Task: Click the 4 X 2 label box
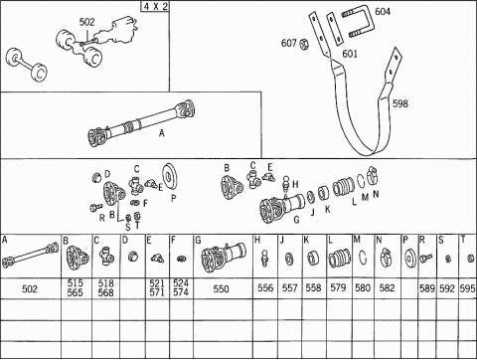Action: click(x=155, y=6)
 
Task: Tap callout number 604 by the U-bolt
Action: click(x=383, y=12)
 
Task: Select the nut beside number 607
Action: click(x=304, y=44)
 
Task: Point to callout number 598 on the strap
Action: click(x=400, y=103)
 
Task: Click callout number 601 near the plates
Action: click(x=350, y=54)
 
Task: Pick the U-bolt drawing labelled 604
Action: click(x=357, y=21)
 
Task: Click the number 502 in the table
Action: click(x=30, y=289)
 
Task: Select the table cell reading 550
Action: click(x=221, y=289)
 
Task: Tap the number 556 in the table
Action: click(x=265, y=287)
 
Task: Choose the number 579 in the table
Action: click(x=338, y=287)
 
